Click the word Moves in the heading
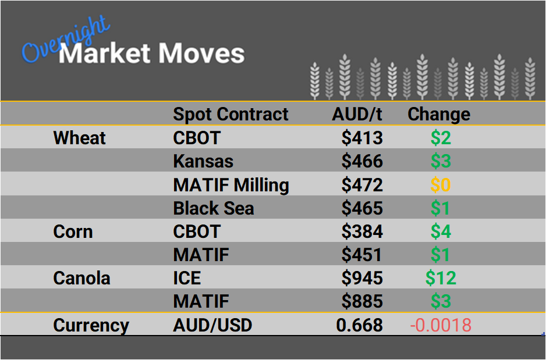tap(201, 54)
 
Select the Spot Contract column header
tap(231, 114)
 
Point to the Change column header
tap(438, 114)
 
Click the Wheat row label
tap(79, 138)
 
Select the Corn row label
tap(73, 231)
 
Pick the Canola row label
tap(81, 278)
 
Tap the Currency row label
tap(91, 325)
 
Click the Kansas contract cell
tap(203, 161)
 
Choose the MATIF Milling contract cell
tap(231, 185)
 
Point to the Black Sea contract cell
tap(214, 208)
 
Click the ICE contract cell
tap(187, 278)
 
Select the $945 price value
tap(362, 278)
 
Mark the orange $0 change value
tap(441, 185)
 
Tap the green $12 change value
tap(441, 278)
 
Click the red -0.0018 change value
tap(441, 325)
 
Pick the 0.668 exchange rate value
tap(360, 325)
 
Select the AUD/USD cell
tap(212, 325)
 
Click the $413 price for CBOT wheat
tap(362, 138)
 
